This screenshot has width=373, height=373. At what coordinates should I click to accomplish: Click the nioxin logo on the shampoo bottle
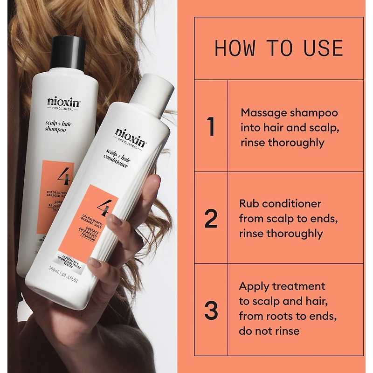63,102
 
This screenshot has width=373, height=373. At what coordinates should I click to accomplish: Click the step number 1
211,127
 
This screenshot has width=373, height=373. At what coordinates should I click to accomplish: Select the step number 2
211,219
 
